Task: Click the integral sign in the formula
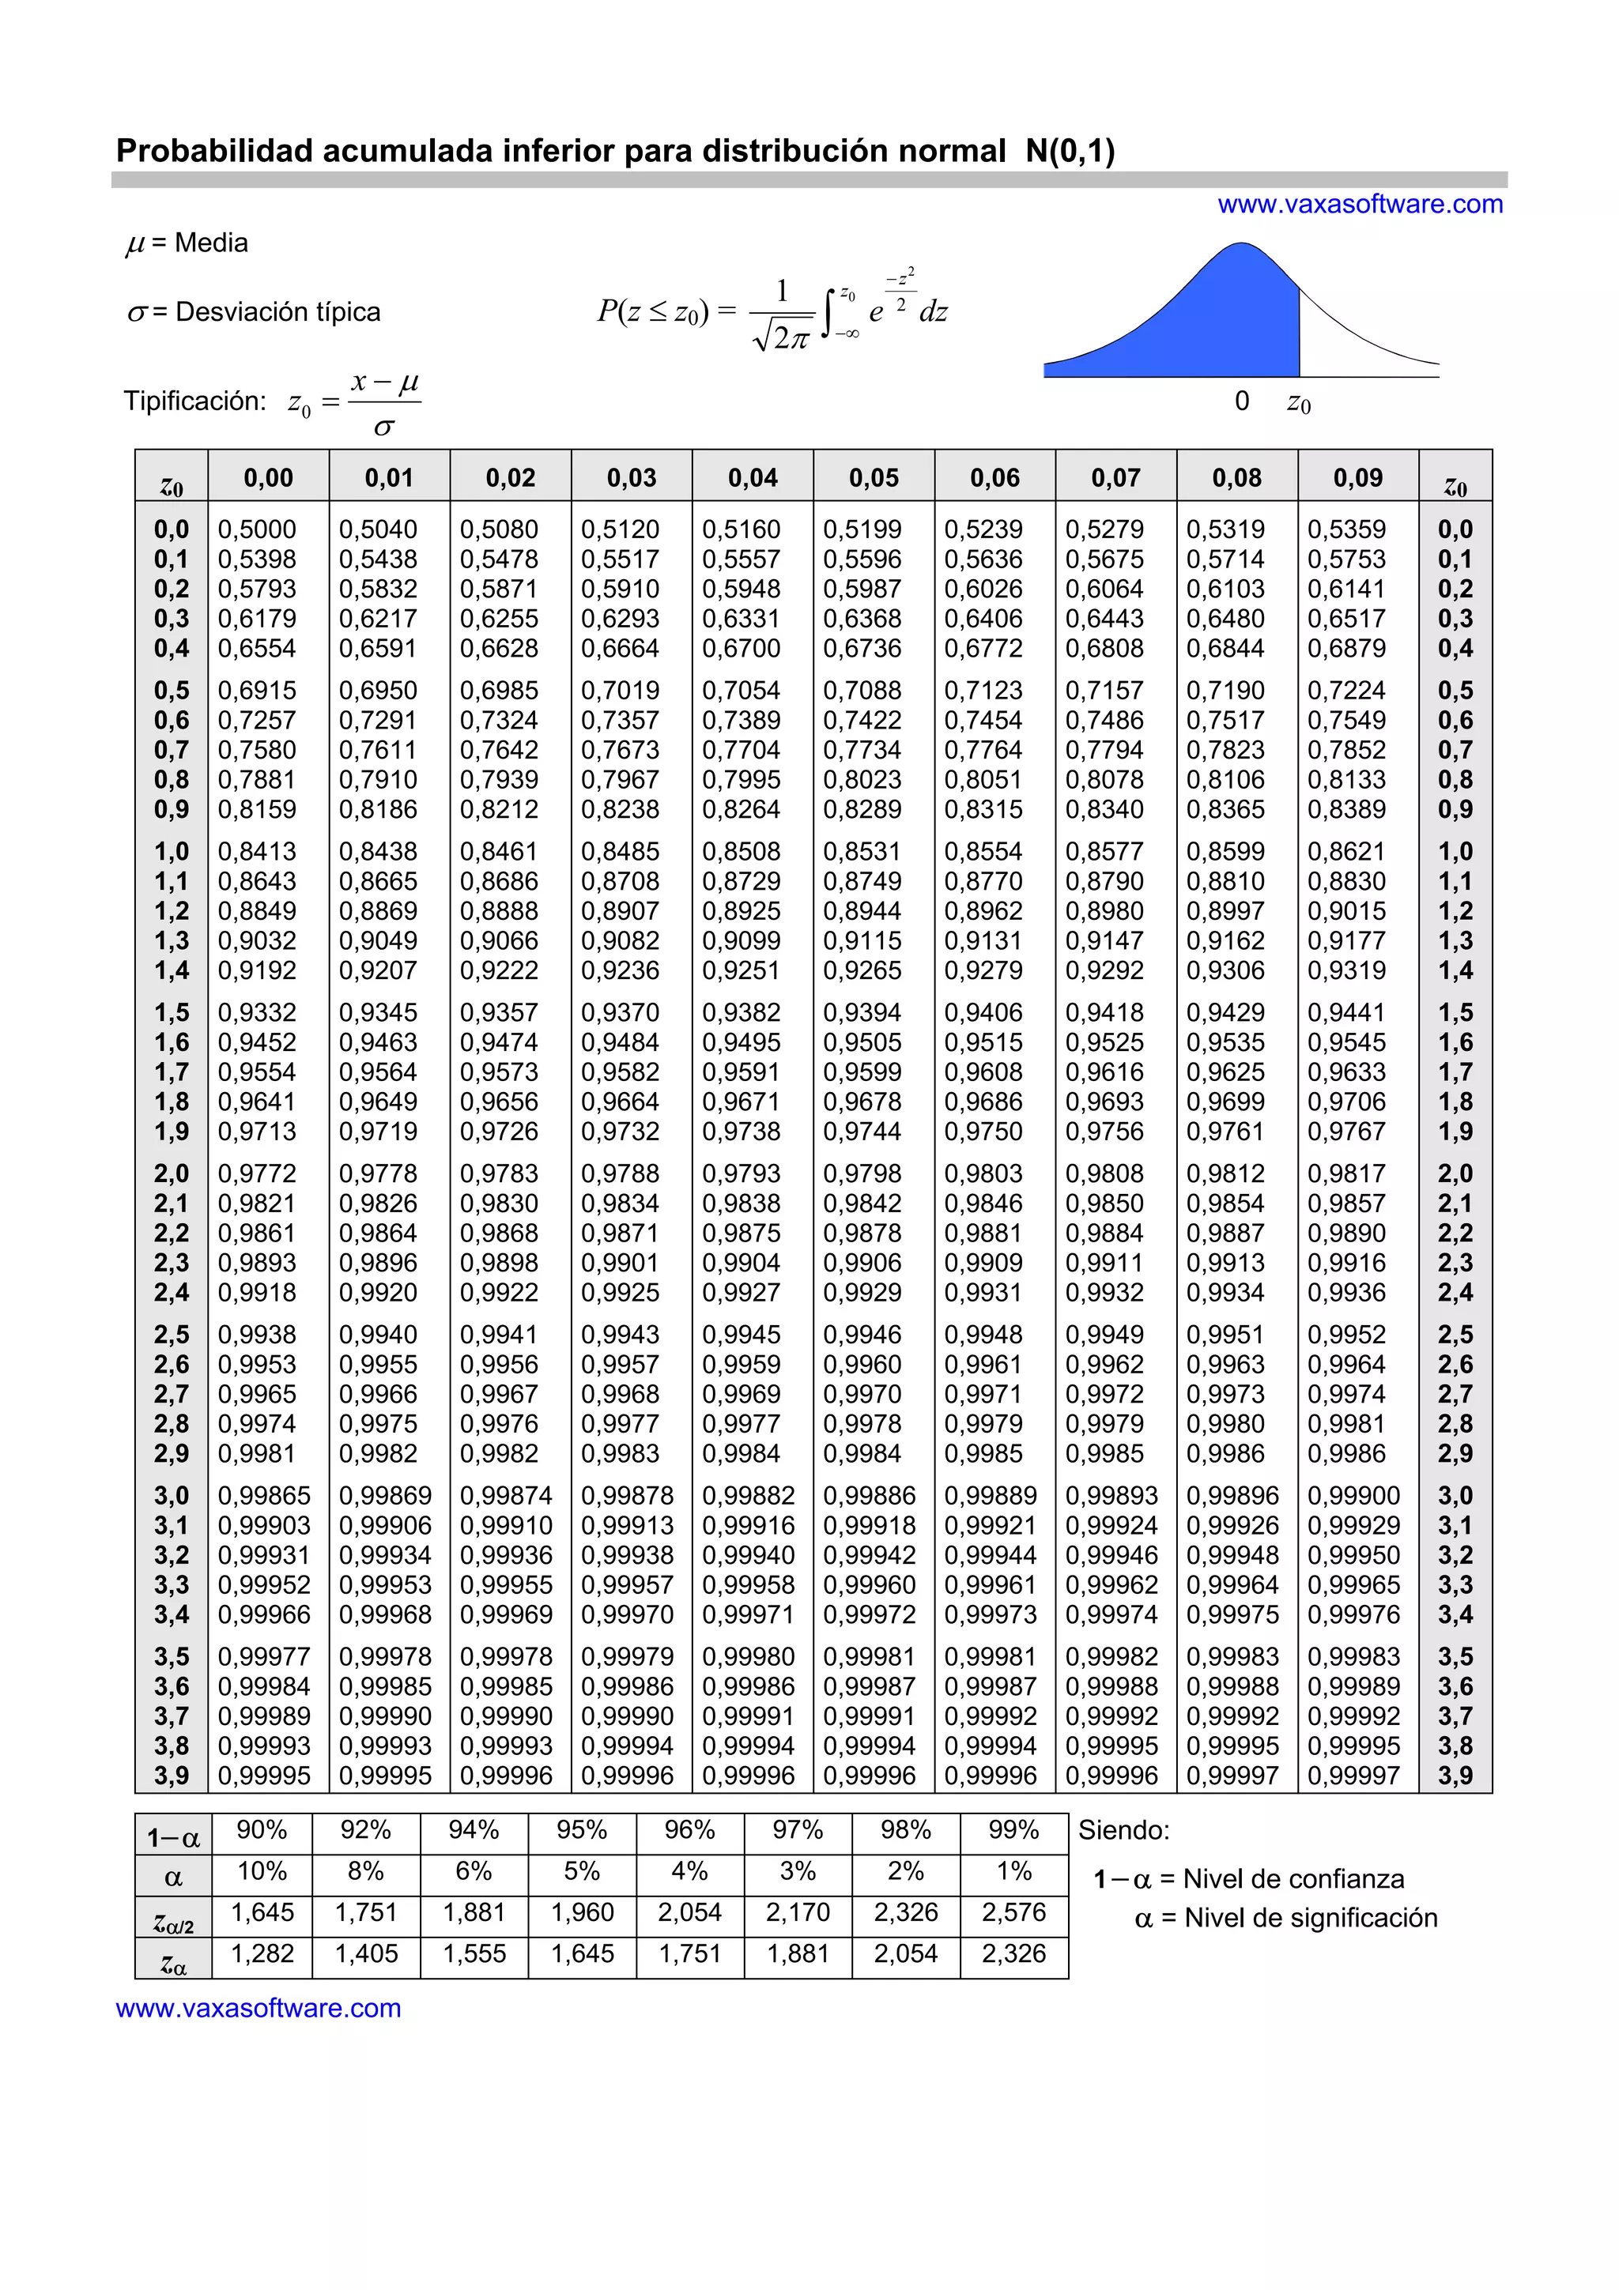pos(827,313)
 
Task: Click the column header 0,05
pos(874,478)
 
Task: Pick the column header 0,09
pos(1357,478)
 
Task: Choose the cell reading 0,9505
pos(862,1042)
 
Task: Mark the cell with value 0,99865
pos(264,1495)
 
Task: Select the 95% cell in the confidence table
pos(582,1830)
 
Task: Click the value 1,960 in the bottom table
pos(582,1912)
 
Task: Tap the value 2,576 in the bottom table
pos(1013,1912)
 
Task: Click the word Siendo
pos(1123,1830)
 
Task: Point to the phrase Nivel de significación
pos(1311,1917)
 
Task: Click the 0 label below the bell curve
pos(1242,401)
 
